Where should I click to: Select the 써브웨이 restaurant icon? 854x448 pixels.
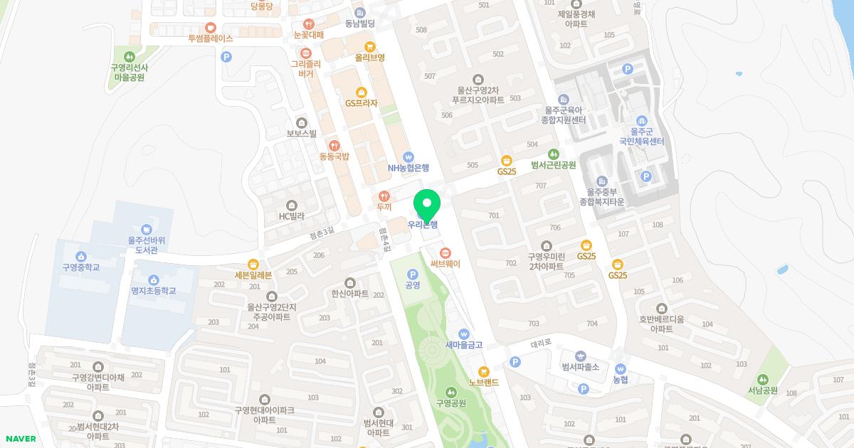point(446,252)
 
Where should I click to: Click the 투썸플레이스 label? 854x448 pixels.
point(211,38)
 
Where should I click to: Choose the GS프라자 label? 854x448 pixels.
point(362,103)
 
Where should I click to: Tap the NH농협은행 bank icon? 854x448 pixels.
point(408,156)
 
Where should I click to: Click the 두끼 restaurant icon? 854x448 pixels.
point(384,196)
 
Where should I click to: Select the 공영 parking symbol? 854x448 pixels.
point(412,274)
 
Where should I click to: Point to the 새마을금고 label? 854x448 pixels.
point(464,345)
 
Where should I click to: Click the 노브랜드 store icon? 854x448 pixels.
point(484,371)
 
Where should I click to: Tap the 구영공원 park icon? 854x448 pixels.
point(450,392)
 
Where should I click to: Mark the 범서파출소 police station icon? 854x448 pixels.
point(580,356)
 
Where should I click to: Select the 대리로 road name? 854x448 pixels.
point(541,342)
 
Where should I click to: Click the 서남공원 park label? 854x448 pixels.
point(763,390)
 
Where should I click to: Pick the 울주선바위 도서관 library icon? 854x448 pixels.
point(146,229)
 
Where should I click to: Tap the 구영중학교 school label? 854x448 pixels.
point(80,267)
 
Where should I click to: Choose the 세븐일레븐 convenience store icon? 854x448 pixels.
point(253,263)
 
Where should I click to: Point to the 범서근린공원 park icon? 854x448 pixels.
point(553,154)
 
